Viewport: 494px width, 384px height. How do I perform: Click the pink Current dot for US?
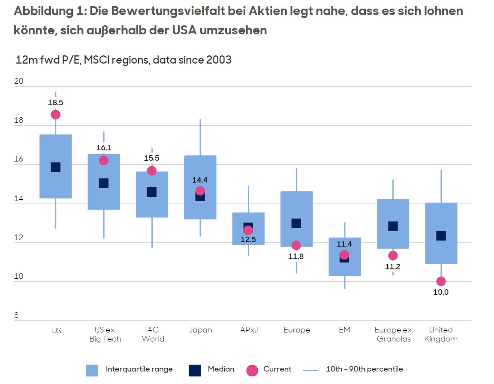tap(55, 114)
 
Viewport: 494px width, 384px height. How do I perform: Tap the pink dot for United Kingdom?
tap(441, 281)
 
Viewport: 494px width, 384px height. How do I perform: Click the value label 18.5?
tap(55, 103)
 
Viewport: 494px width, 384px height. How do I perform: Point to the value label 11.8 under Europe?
tap(296, 257)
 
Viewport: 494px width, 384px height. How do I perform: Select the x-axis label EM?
tap(344, 330)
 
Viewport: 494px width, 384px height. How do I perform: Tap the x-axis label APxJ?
tap(249, 330)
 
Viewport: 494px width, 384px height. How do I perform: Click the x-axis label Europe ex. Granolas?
tap(393, 334)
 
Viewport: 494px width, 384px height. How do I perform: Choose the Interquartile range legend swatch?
tap(92, 370)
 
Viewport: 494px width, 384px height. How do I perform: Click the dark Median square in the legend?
tap(195, 370)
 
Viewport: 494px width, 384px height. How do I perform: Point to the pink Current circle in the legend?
tap(253, 370)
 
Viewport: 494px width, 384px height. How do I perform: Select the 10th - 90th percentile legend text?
tap(364, 369)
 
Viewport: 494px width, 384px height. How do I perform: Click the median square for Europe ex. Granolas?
tap(393, 226)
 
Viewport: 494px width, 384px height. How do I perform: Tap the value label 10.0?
tap(441, 293)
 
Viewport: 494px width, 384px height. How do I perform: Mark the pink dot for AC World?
tap(152, 171)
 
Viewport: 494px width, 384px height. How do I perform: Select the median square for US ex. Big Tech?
tap(104, 183)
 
